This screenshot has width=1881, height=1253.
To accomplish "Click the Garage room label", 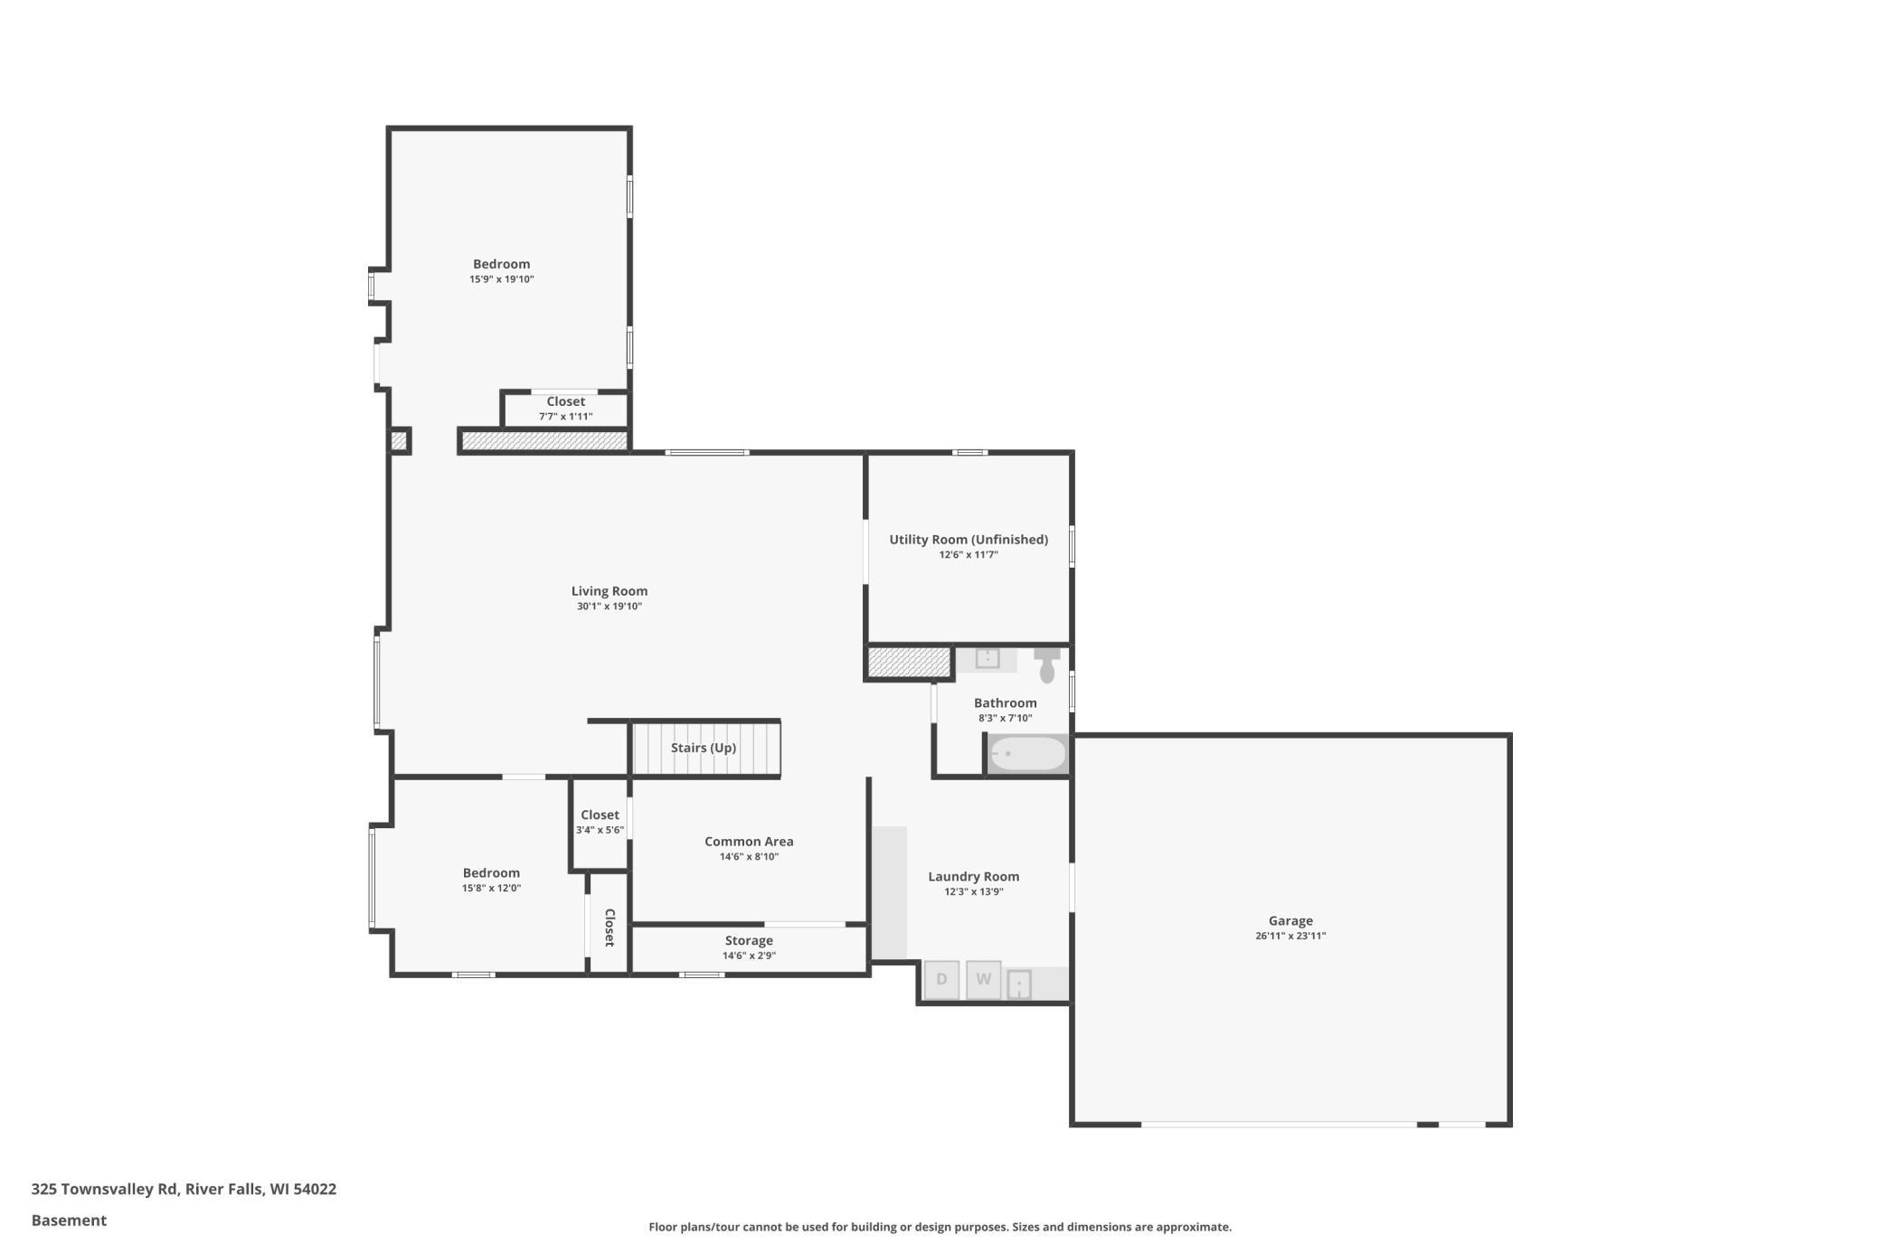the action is pos(1290,920).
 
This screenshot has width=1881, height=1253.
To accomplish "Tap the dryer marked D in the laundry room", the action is pos(941,980).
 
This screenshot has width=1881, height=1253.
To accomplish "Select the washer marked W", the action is pos(984,980).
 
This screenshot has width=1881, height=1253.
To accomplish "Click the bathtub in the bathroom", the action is pos(1027,754).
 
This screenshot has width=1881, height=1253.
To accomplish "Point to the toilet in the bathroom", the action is pos(1047,664).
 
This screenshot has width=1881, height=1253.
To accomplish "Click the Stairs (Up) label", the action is pos(704,748).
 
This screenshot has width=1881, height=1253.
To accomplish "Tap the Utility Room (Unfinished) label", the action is pos(969,540).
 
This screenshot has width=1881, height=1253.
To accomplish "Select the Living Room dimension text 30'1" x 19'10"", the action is pos(610,607).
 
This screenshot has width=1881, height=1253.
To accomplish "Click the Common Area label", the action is pos(749,842).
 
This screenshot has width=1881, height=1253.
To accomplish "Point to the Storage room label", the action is pos(749,941).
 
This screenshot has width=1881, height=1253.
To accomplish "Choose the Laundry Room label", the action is pos(974,877).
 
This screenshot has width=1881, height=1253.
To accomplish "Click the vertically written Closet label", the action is pos(610,928).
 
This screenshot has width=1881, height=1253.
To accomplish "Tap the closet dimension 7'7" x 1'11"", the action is pos(566,417).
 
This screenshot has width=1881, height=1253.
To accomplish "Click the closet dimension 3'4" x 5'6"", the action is pos(600,830).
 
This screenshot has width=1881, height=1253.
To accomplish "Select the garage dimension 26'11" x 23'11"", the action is pos(1290,937).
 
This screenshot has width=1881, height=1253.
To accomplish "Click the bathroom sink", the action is pos(987,658).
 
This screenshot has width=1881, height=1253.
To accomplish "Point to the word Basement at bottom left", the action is pos(69,1220).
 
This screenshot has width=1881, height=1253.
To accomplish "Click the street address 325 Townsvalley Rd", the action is pos(105,1190).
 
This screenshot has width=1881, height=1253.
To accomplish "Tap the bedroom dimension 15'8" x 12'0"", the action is pos(491,889).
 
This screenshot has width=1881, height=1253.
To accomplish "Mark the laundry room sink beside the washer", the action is pos(1019,984).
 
